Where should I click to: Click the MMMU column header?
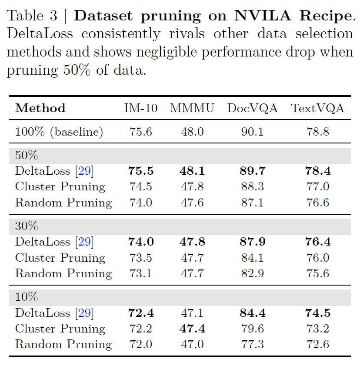click(x=192, y=108)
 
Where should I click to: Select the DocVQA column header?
click(x=252, y=108)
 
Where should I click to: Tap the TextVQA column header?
click(x=317, y=108)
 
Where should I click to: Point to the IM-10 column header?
click(x=141, y=108)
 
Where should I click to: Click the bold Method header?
click(x=40, y=108)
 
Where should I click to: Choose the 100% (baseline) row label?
click(x=59, y=132)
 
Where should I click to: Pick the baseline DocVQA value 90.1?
click(x=252, y=132)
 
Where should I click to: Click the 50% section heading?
click(x=27, y=156)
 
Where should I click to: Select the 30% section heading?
click(x=27, y=226)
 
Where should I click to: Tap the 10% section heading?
click(x=27, y=297)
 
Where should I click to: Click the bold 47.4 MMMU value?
click(x=192, y=329)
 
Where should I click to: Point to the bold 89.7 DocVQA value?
click(x=252, y=171)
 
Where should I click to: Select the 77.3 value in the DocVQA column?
click(x=252, y=344)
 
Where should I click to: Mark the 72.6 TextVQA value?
click(x=317, y=344)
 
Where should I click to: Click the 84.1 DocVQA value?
click(x=252, y=258)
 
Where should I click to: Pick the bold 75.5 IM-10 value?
click(x=141, y=171)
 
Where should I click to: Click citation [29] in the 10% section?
click(x=84, y=313)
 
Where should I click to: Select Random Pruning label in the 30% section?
click(x=63, y=273)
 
